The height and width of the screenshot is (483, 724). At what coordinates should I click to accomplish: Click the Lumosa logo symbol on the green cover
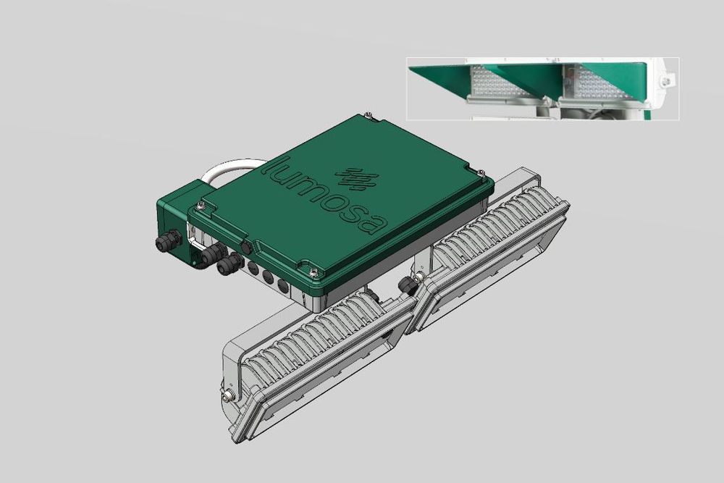tap(356, 178)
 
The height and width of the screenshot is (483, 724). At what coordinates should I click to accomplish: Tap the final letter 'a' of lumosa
tap(374, 223)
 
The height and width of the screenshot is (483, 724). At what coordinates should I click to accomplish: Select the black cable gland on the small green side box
tap(168, 241)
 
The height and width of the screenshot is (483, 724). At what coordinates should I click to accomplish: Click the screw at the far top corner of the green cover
tap(367, 114)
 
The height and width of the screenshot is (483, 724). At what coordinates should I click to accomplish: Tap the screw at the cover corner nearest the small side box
tap(201, 204)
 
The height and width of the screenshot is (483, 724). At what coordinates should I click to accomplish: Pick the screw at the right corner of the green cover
tap(481, 173)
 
